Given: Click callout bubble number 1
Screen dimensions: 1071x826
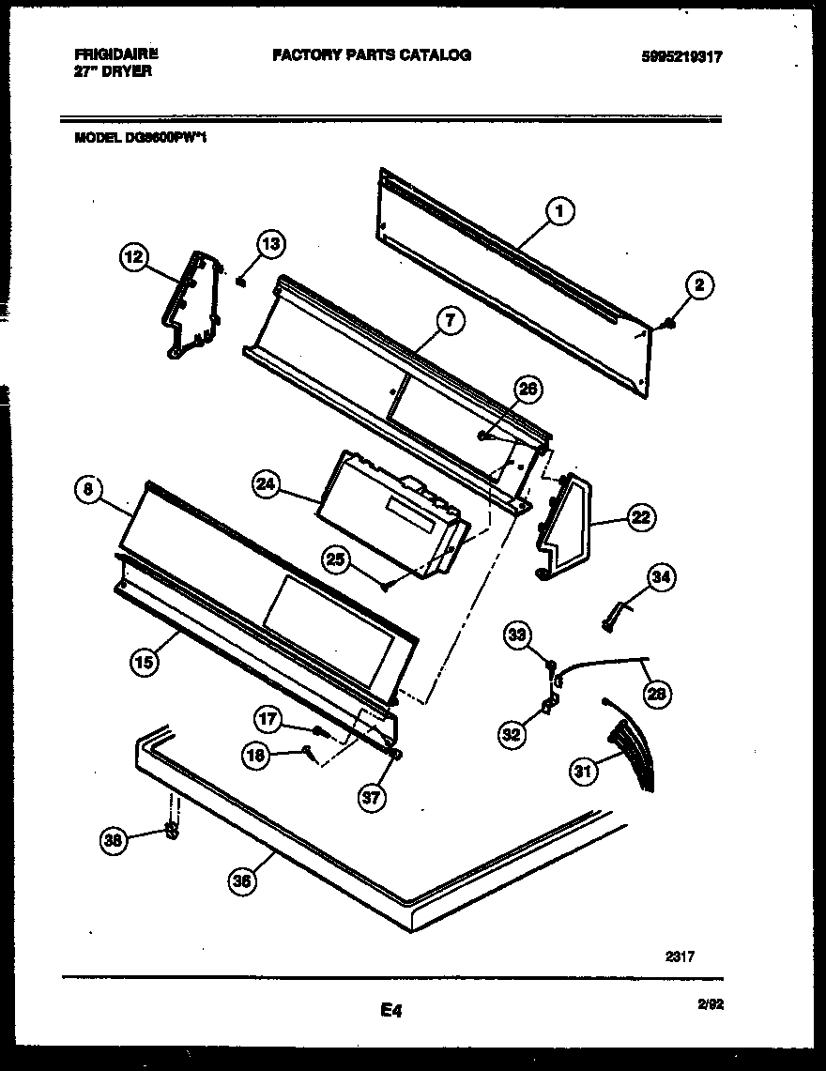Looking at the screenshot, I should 559,212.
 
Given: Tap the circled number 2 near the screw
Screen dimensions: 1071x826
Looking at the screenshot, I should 700,285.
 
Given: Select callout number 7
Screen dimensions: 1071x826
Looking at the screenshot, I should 450,320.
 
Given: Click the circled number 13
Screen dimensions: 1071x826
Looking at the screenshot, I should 270,246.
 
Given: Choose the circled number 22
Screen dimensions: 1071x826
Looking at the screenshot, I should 640,516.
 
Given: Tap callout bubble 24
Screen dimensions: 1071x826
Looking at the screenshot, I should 268,484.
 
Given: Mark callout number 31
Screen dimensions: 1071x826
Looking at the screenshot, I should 584,772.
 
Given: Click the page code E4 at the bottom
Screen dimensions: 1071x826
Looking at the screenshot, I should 391,1011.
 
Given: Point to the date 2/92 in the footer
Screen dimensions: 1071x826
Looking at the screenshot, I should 711,1003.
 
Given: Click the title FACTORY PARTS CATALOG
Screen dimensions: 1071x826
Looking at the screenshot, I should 372,55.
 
